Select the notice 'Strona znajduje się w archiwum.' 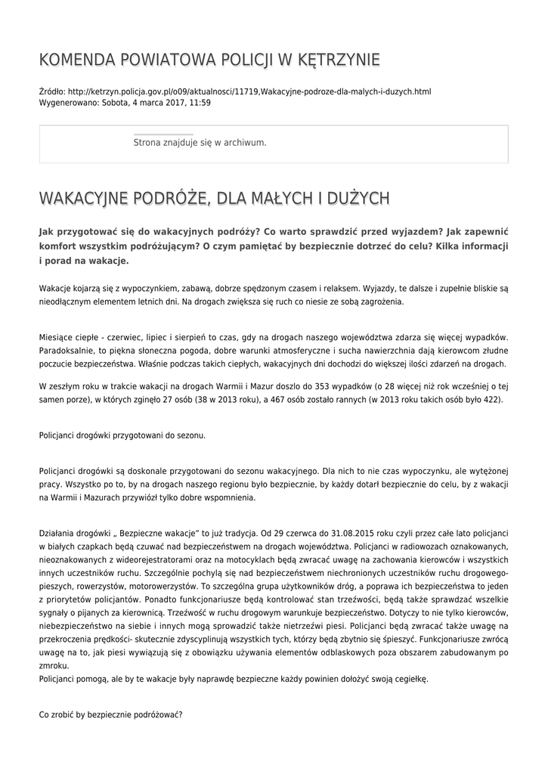click(x=200, y=142)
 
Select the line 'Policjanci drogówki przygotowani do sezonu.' click(x=122, y=435)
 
